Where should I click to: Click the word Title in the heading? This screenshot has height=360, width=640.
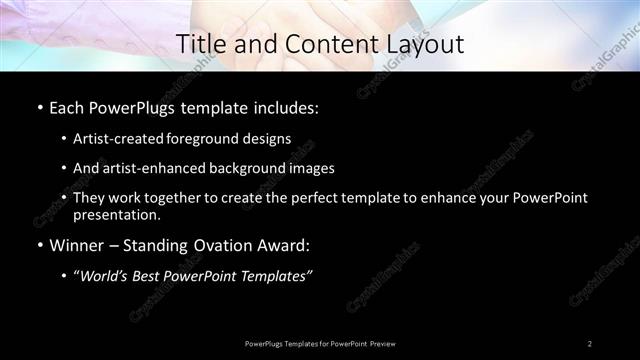pyautogui.click(x=200, y=44)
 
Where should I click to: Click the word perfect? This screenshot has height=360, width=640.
pyautogui.click(x=306, y=198)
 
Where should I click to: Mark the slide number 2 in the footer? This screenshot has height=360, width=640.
pyautogui.click(x=590, y=344)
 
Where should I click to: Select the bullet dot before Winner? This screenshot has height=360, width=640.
pyautogui.click(x=39, y=245)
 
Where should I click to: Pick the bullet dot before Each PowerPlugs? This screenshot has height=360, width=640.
pyautogui.click(x=39, y=107)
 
